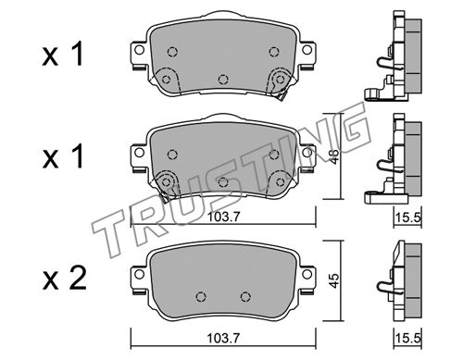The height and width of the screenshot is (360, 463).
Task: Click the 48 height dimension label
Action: (x=334, y=156)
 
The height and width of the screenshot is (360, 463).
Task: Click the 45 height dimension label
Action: (x=334, y=280)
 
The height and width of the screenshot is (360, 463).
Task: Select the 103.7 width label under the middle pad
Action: (x=223, y=217)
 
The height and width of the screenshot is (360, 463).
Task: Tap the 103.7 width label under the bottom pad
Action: (x=223, y=339)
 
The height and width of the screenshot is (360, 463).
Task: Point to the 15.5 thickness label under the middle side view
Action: (x=408, y=217)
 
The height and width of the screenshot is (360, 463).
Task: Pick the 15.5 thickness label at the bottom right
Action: (x=408, y=339)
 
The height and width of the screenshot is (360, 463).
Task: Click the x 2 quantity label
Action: (x=64, y=279)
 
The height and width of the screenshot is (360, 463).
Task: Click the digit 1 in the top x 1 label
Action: (x=77, y=54)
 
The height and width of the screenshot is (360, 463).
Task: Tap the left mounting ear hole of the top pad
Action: (x=139, y=50)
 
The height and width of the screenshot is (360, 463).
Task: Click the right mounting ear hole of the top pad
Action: (x=307, y=50)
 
